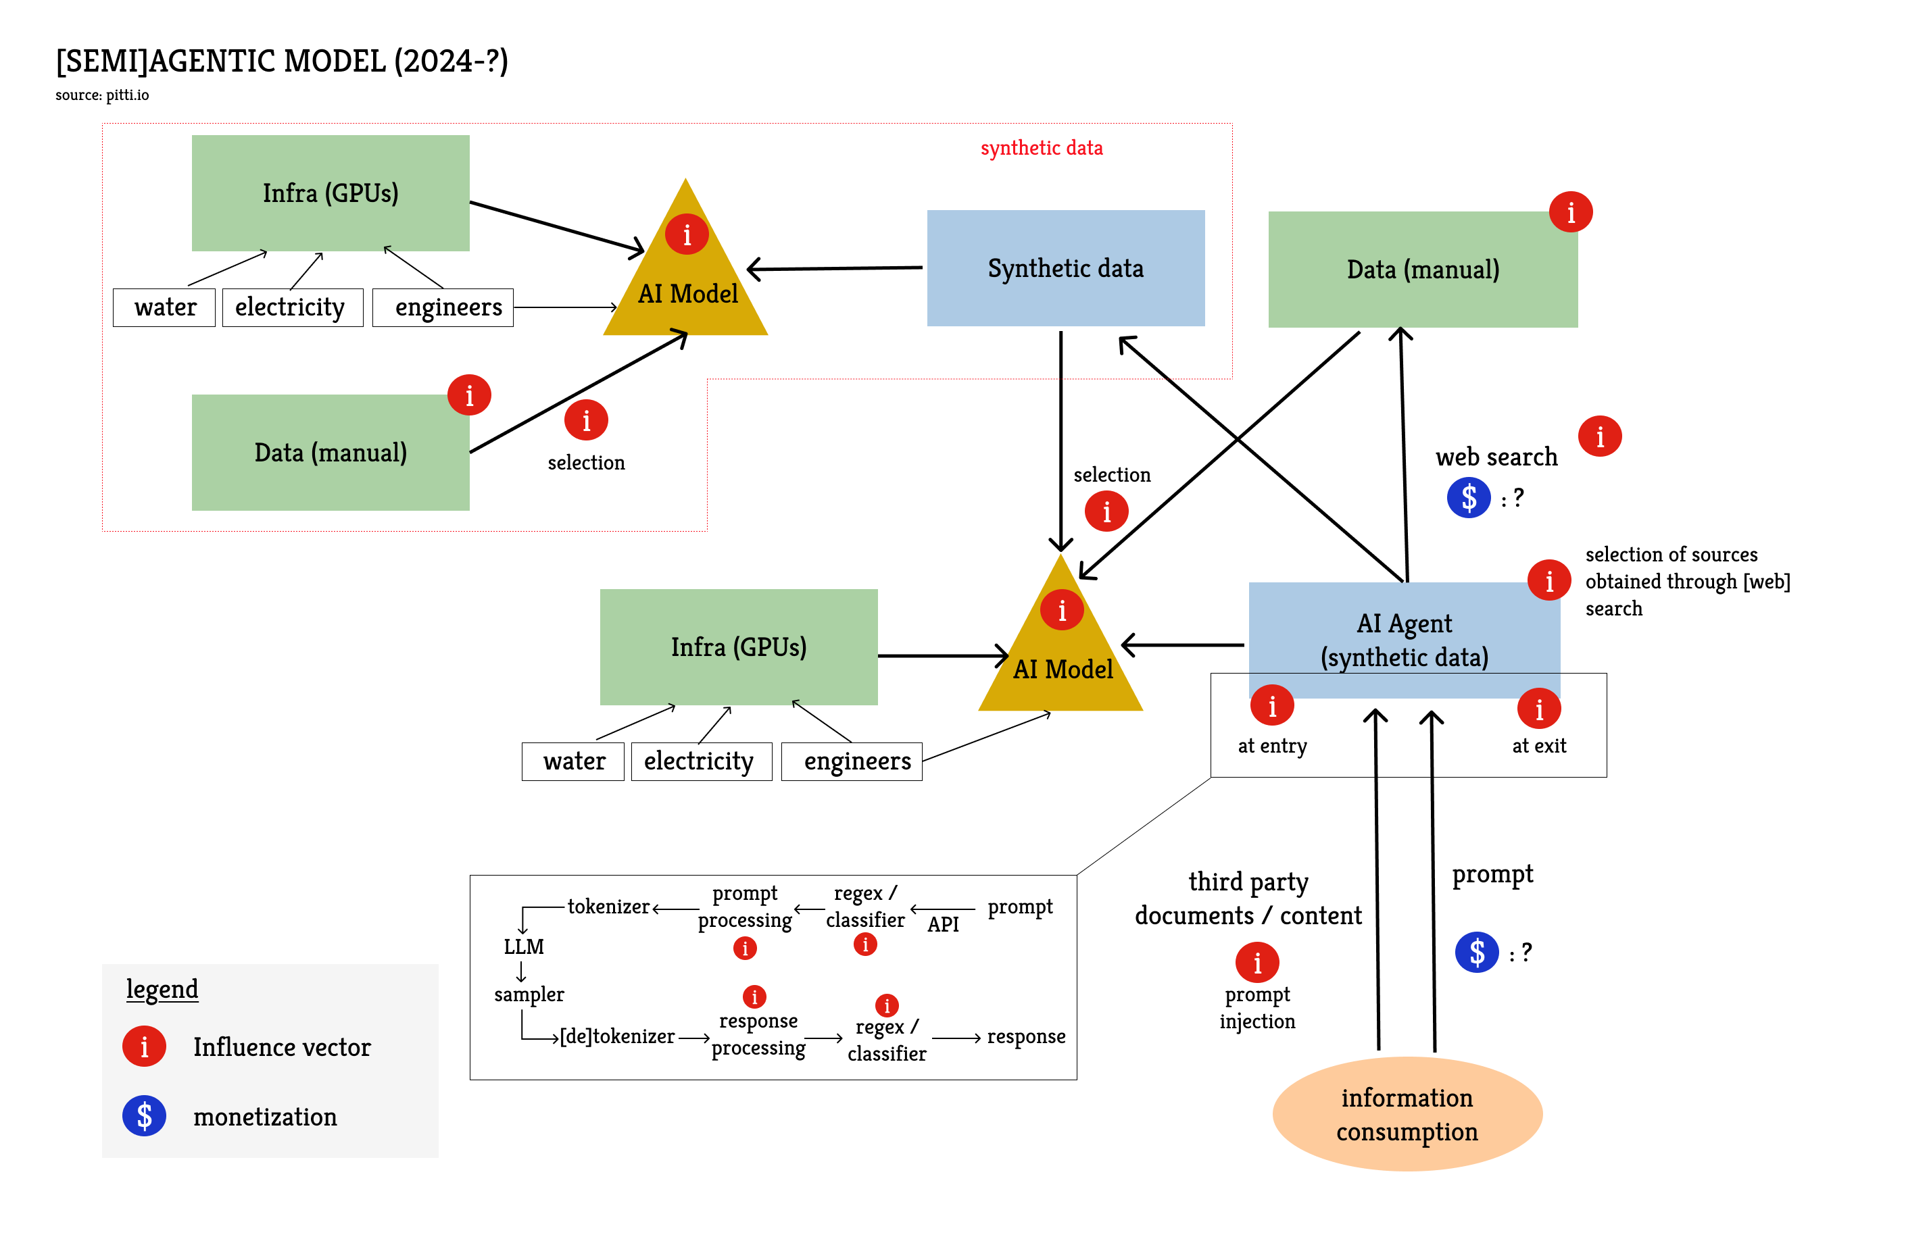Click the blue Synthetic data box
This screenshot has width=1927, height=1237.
(x=1065, y=268)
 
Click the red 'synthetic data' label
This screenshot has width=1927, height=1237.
(x=1041, y=148)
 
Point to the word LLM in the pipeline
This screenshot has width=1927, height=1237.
(x=523, y=946)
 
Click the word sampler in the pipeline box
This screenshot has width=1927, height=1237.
(x=529, y=994)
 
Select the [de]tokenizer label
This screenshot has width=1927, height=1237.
(x=616, y=1036)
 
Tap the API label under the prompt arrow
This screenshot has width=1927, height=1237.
(x=943, y=924)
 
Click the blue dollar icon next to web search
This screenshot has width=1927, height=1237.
(x=1468, y=498)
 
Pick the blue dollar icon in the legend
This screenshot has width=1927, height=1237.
(x=144, y=1115)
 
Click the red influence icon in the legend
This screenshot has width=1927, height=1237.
(x=144, y=1046)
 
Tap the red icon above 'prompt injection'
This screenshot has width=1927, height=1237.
(x=1257, y=962)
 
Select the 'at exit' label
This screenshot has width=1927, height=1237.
(x=1538, y=745)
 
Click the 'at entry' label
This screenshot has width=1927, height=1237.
(x=1271, y=745)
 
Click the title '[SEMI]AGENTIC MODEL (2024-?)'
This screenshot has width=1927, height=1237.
(x=281, y=61)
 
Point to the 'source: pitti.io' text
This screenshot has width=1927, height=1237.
(x=102, y=95)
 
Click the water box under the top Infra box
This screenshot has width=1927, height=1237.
(x=165, y=307)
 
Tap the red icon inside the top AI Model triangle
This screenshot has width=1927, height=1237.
(x=686, y=234)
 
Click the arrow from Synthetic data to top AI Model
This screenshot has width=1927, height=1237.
(x=835, y=268)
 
